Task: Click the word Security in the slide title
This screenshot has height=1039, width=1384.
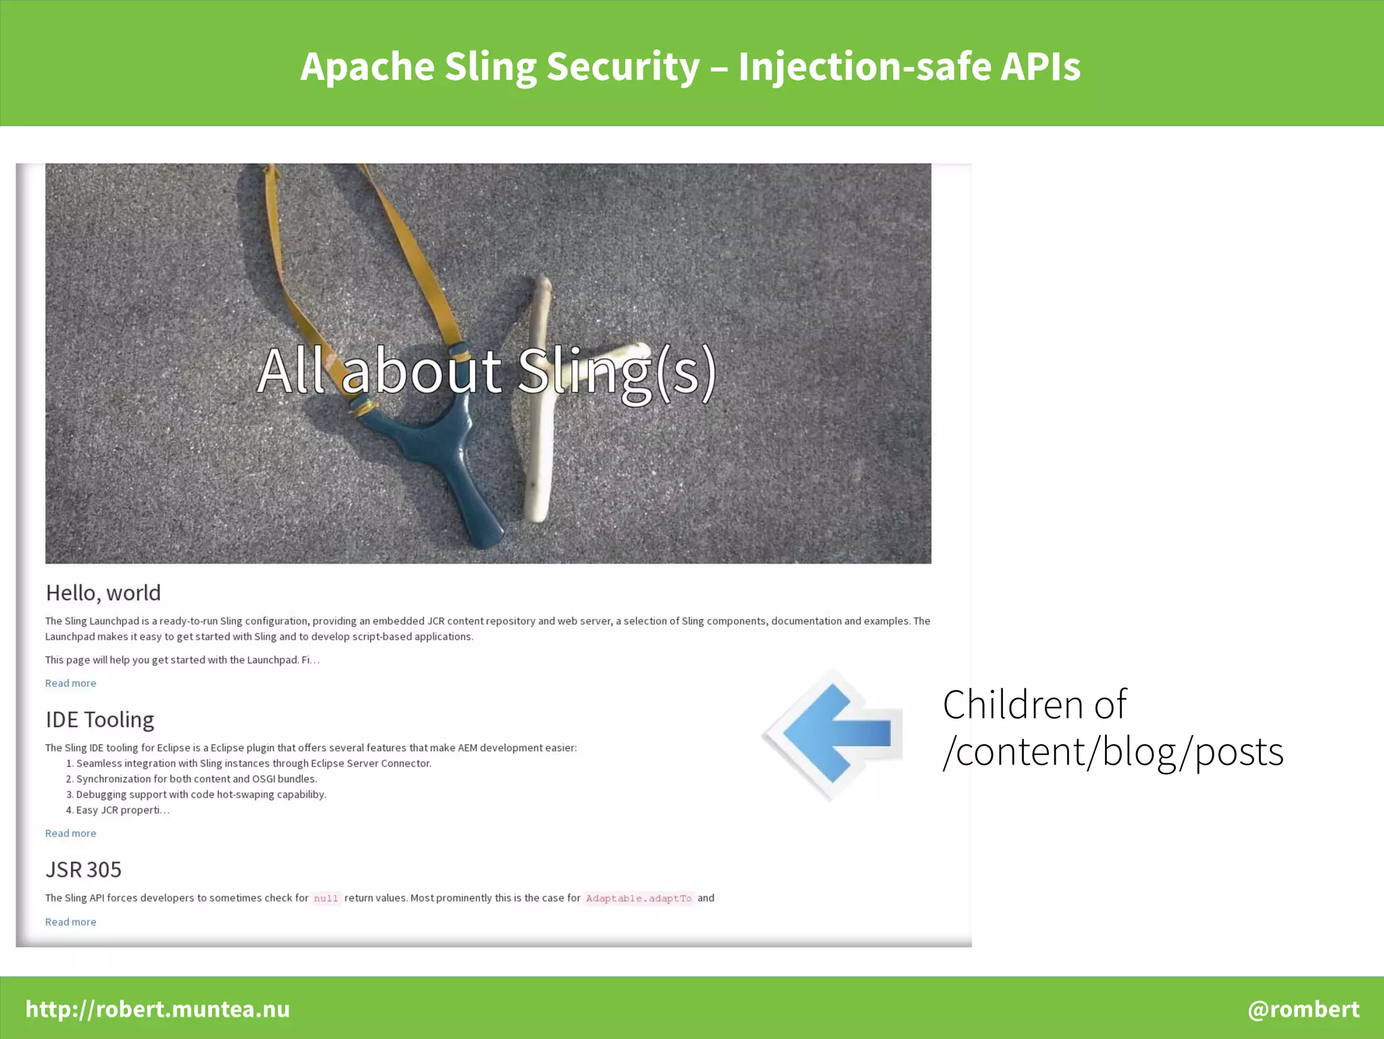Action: [x=622, y=67]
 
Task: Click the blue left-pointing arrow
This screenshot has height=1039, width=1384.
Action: [x=838, y=733]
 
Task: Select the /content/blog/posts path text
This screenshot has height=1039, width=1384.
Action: [x=1112, y=752]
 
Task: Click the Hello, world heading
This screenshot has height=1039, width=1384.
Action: [x=103, y=593]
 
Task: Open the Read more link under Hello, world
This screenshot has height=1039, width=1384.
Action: [x=70, y=683]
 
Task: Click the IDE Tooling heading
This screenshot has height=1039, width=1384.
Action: [x=99, y=719]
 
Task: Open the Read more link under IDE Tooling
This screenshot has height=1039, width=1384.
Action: [x=70, y=833]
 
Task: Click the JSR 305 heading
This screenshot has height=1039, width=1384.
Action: [x=83, y=869]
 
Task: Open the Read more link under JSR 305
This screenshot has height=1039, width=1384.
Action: [x=70, y=922]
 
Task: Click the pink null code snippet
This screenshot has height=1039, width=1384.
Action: [x=326, y=898]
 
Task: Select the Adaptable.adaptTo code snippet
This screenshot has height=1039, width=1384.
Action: [x=639, y=898]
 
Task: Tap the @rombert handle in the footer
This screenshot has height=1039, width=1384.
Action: [x=1303, y=1009]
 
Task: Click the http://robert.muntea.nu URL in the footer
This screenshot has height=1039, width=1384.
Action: [x=157, y=1009]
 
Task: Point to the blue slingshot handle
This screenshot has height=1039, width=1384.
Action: [x=466, y=480]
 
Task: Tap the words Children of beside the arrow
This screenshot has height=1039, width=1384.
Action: [x=1034, y=704]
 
